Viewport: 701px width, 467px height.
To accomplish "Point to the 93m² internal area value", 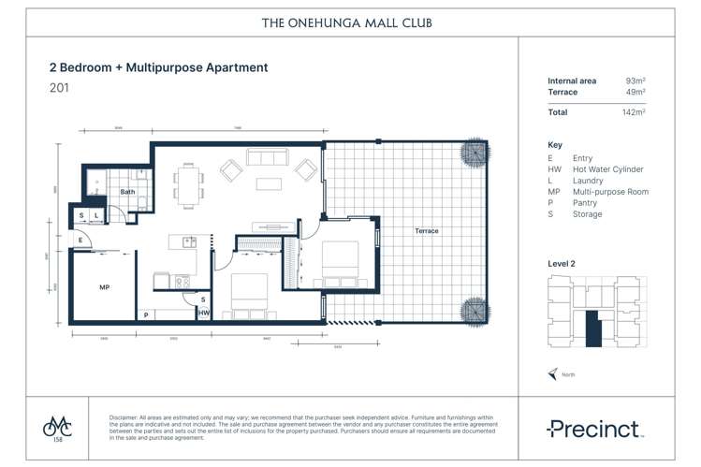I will pos(635,81).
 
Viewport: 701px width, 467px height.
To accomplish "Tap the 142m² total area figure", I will pos(634,112).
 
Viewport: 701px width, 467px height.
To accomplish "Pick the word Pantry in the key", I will pos(588,203).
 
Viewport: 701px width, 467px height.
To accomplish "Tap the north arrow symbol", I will pos(553,374).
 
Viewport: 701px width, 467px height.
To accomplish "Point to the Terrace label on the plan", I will pos(427,231).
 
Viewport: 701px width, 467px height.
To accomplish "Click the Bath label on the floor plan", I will pos(127,192).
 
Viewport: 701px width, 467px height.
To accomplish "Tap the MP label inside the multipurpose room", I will pos(104,287).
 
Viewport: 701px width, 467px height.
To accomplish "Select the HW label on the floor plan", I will pos(203,314).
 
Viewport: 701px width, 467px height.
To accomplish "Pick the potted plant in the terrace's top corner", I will pos(472,153).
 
